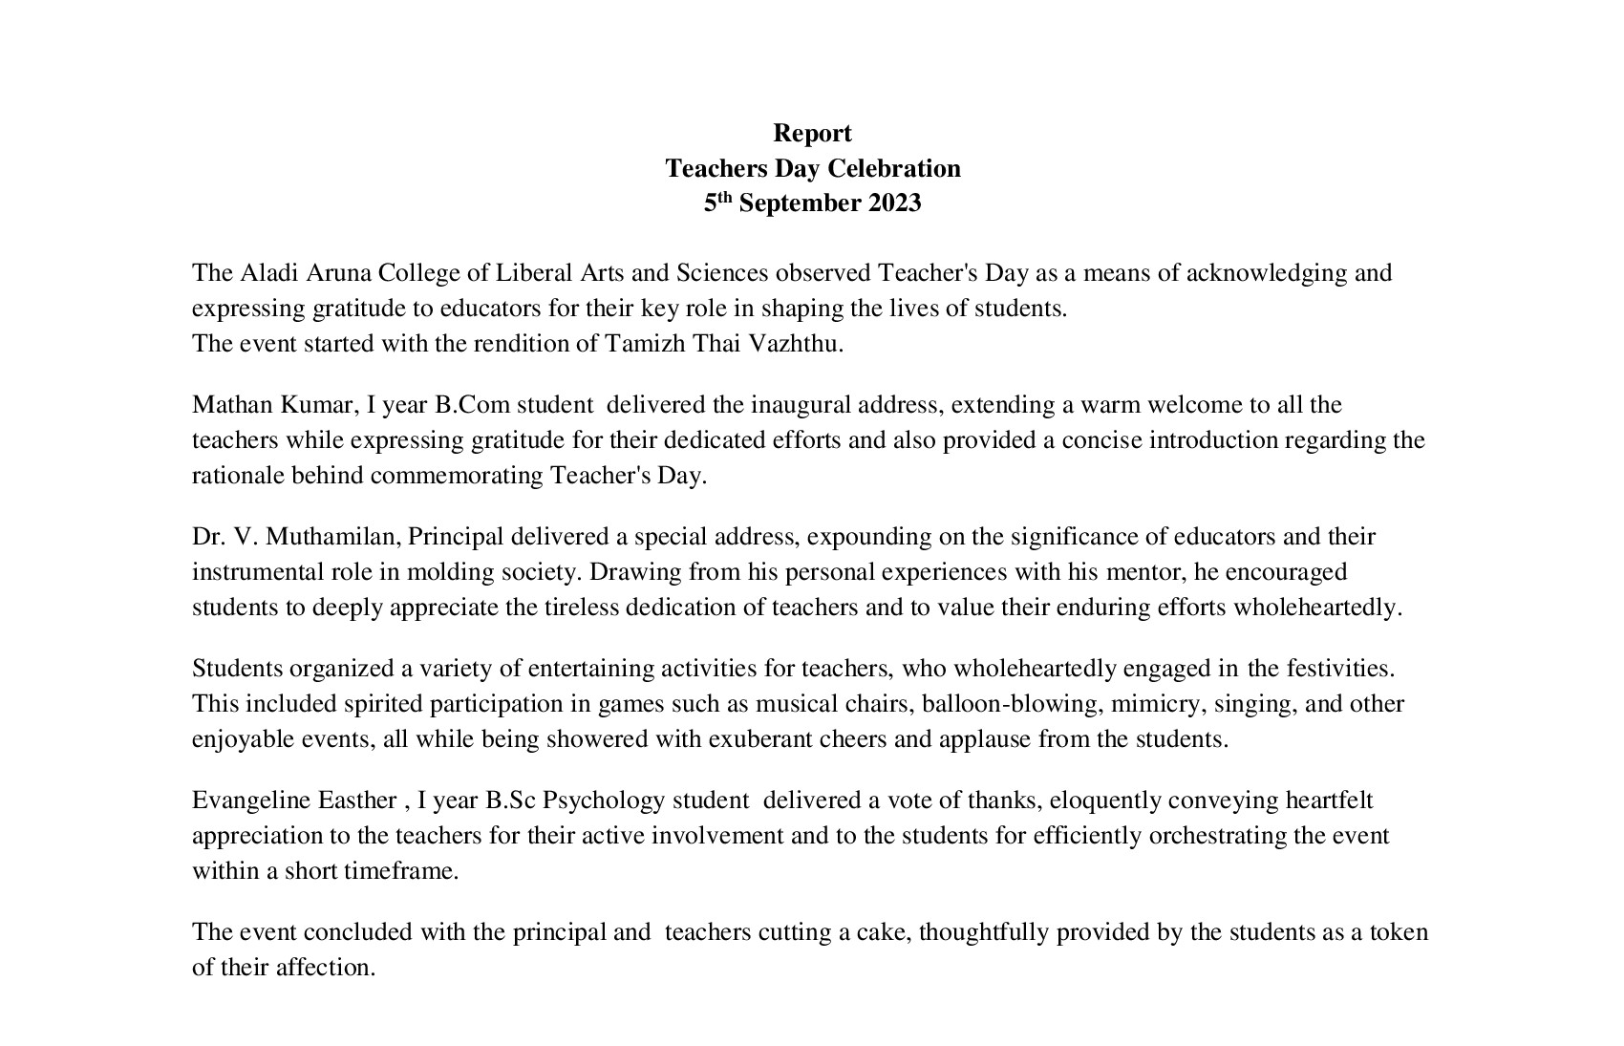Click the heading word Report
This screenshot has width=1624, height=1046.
pyautogui.click(x=812, y=133)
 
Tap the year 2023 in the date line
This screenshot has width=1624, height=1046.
pyautogui.click(x=894, y=203)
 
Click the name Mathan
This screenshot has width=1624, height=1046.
pyautogui.click(x=232, y=405)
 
